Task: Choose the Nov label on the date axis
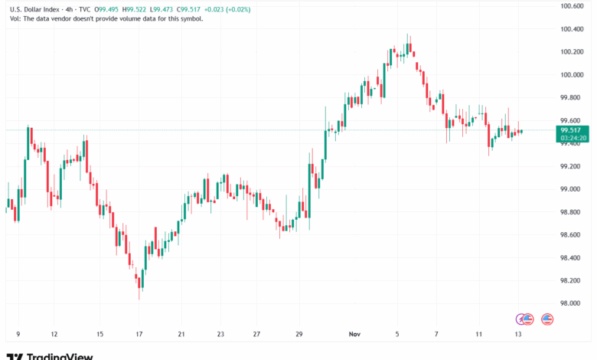(x=354, y=335)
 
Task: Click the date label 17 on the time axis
(x=139, y=335)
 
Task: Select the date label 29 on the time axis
(x=299, y=335)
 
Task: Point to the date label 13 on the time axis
(x=519, y=335)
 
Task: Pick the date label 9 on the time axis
(x=18, y=335)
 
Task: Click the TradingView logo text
(x=60, y=355)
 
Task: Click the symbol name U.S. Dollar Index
(x=34, y=9)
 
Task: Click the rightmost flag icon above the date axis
(x=547, y=319)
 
